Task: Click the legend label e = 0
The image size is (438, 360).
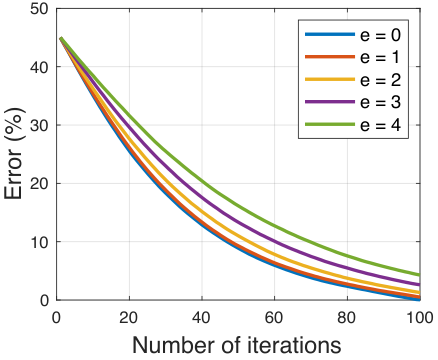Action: tap(380, 35)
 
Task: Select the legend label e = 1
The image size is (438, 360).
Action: tap(380, 57)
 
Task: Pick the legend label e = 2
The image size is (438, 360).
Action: tap(380, 80)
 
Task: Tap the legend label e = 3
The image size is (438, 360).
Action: tap(380, 102)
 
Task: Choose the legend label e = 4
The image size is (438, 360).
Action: tap(380, 125)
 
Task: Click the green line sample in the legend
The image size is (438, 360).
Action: tap(330, 124)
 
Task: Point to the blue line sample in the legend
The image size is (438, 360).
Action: tap(330, 34)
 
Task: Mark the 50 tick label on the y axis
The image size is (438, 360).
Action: tap(39, 9)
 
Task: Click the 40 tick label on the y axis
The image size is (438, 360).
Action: tap(39, 67)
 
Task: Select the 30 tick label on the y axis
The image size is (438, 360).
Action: tap(39, 125)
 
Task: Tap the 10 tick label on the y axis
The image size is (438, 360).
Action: tap(39, 242)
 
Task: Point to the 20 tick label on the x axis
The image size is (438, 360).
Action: tap(129, 318)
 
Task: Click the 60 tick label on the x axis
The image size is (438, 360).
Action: tap(274, 318)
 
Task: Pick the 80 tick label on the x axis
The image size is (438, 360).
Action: tap(347, 318)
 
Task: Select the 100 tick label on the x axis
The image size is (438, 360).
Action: tap(420, 318)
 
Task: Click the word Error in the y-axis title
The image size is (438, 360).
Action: tap(13, 173)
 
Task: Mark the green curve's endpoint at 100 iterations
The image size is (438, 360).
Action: tap(419, 275)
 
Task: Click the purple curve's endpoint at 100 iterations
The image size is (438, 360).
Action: tap(419, 285)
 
